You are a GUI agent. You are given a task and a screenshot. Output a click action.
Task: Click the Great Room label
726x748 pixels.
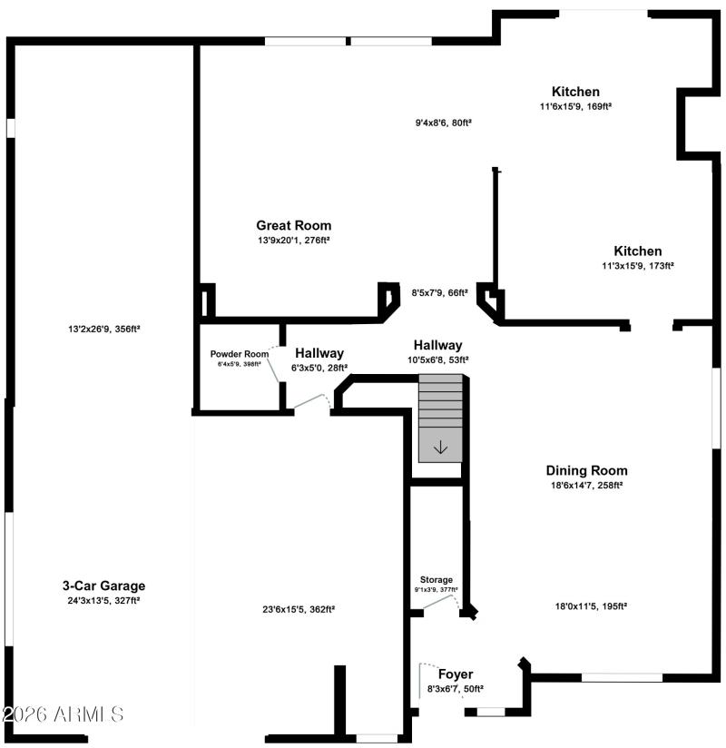click(x=293, y=225)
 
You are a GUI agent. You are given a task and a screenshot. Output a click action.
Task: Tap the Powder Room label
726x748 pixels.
click(x=240, y=354)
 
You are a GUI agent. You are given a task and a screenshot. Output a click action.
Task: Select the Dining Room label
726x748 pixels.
click(x=586, y=470)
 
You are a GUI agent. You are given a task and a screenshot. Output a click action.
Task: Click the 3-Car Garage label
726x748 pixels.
click(x=103, y=586)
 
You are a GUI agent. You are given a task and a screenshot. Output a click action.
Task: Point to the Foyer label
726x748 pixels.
click(x=456, y=674)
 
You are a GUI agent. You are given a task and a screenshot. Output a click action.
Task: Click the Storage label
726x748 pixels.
click(x=436, y=579)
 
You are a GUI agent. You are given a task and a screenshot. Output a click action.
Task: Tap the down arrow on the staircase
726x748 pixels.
click(x=440, y=447)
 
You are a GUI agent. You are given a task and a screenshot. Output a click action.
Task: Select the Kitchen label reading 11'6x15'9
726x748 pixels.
click(x=575, y=92)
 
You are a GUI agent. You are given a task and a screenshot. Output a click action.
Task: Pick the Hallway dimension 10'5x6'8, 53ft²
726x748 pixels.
click(x=437, y=359)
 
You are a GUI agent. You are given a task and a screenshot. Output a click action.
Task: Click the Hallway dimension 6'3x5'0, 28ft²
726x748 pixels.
click(x=319, y=368)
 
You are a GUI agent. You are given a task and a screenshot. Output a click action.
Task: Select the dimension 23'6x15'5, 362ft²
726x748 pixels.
click(x=298, y=609)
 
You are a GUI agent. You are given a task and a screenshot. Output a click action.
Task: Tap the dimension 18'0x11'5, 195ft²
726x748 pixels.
click(x=591, y=605)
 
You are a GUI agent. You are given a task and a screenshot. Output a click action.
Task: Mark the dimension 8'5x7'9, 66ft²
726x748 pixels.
click(x=439, y=292)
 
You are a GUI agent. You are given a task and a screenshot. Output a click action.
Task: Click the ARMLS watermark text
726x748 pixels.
click(x=63, y=714)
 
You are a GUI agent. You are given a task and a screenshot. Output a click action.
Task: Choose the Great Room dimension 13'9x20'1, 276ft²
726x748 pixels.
click(x=293, y=241)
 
